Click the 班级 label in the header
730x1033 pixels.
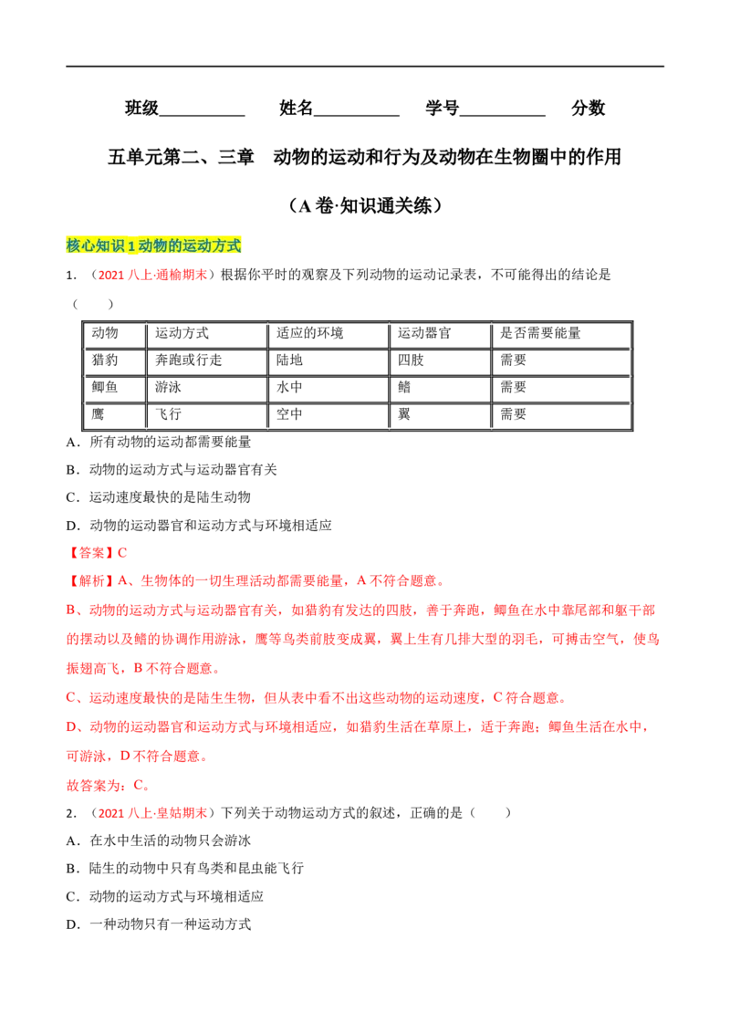[141, 108]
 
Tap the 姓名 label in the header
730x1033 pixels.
[296, 108]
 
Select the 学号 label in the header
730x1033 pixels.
[442, 108]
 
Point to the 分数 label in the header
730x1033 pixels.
[589, 108]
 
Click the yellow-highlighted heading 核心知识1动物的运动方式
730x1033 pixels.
[153, 245]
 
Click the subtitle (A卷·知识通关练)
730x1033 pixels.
[365, 205]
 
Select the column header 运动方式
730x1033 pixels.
[182, 333]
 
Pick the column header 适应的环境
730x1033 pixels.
[309, 333]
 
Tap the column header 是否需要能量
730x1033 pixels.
[540, 333]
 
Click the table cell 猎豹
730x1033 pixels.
[105, 360]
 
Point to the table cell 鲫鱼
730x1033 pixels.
[105, 387]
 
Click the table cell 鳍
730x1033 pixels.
[404, 387]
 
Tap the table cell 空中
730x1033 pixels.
[289, 414]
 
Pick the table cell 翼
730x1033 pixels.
[404, 414]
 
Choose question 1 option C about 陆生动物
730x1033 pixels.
[158, 497]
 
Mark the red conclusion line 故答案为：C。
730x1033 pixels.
[108, 786]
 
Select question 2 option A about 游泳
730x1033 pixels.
[158, 840]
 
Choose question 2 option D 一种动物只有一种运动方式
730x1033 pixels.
[158, 924]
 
